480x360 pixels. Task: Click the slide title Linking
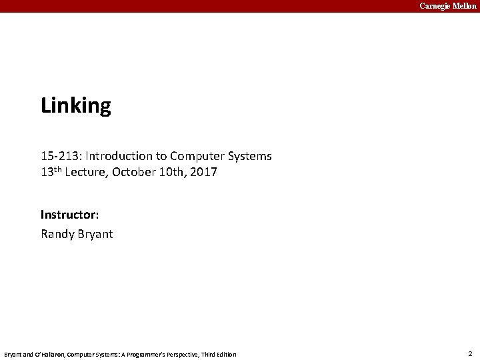click(75, 106)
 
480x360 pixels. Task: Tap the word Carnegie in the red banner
click(435, 6)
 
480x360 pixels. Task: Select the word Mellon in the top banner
click(465, 6)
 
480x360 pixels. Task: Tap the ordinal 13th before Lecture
click(52, 173)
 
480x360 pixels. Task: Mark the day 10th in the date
click(173, 173)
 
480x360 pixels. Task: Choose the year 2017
click(204, 173)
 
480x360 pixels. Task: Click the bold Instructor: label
click(70, 215)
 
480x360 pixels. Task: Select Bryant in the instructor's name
click(95, 235)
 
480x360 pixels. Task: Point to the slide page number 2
click(470, 353)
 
